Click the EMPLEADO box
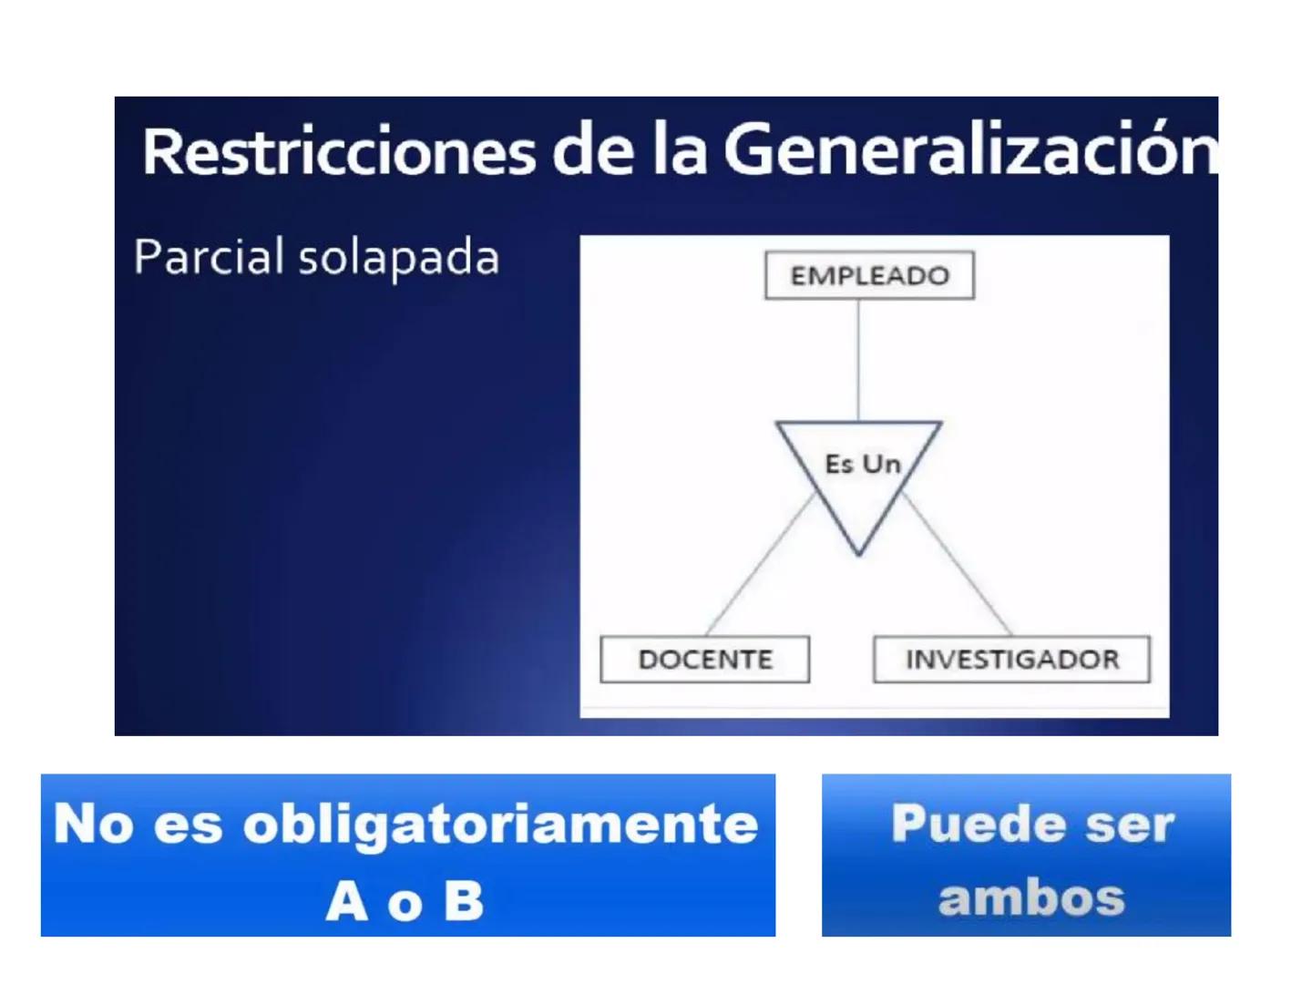click(869, 275)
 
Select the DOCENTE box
click(704, 659)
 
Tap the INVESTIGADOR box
click(1011, 659)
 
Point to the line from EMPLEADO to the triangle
click(858, 360)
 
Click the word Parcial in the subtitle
click(209, 257)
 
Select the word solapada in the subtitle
click(399, 259)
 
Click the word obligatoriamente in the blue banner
click(500, 824)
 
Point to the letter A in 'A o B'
click(346, 901)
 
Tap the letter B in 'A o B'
click(464, 901)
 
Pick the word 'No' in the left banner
click(93, 824)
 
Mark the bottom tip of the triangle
click(858, 552)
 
